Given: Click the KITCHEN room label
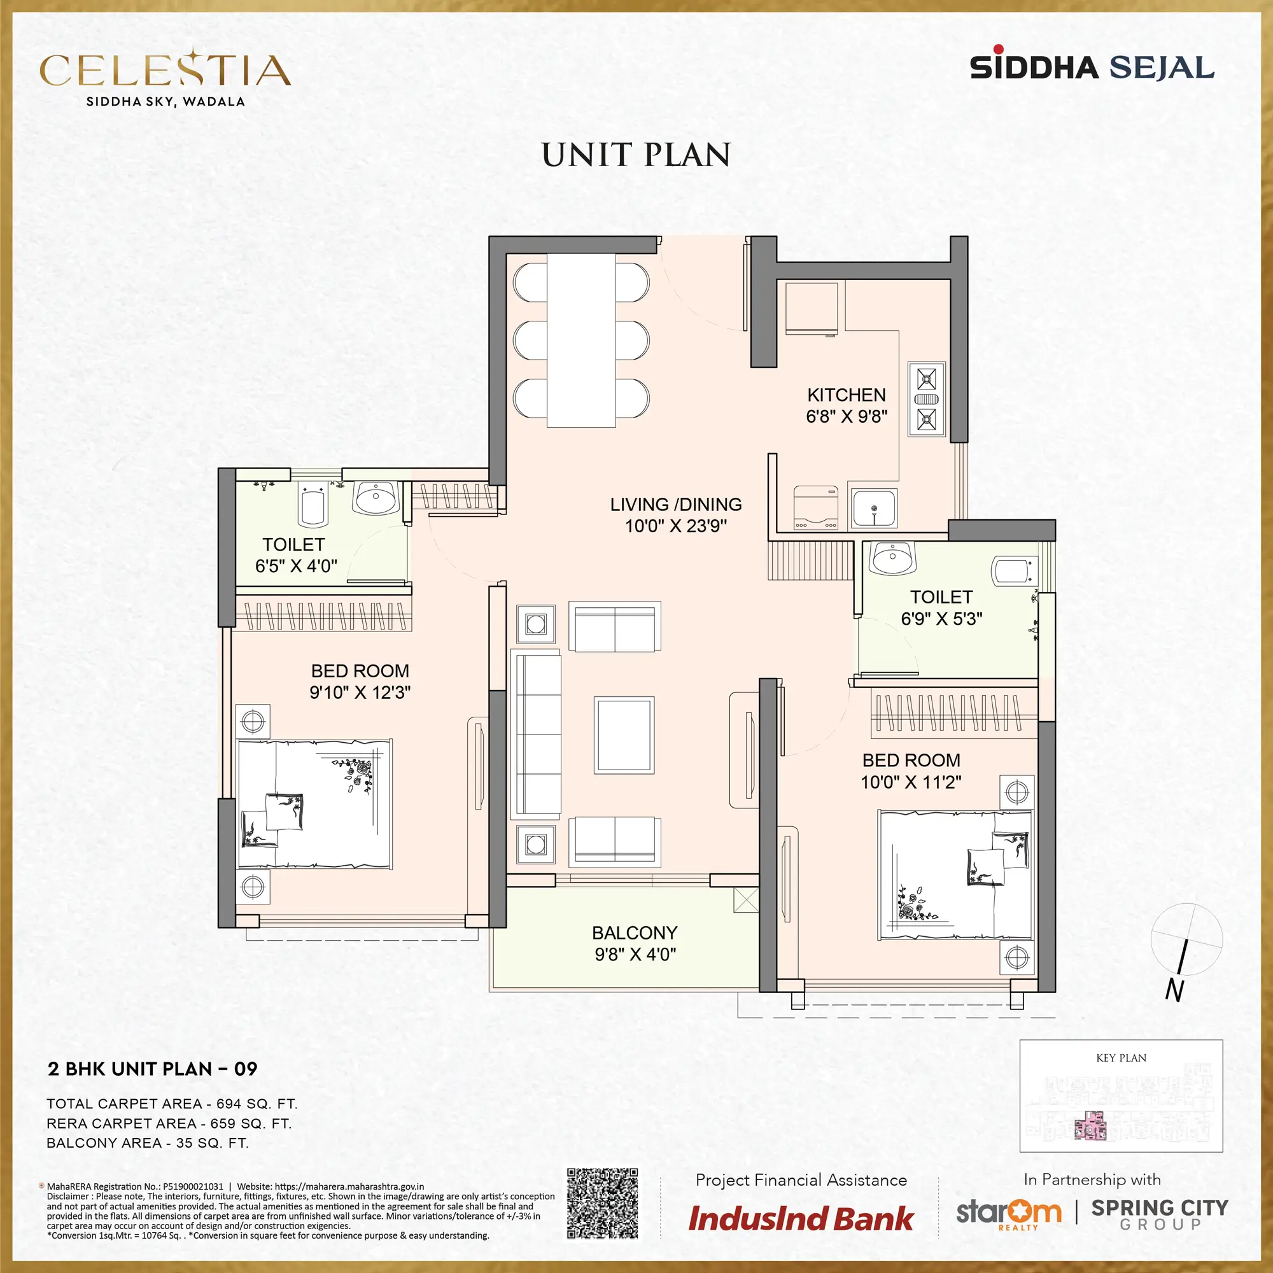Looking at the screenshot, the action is pyautogui.click(x=847, y=395).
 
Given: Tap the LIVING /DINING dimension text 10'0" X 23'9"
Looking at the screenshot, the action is pyautogui.click(x=676, y=526).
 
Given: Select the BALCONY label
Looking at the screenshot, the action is pyautogui.click(x=635, y=932).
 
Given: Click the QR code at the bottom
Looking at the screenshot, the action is pyautogui.click(x=602, y=1204).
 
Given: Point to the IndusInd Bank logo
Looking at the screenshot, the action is pyautogui.click(x=801, y=1218).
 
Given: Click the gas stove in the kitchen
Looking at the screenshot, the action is pyautogui.click(x=926, y=398).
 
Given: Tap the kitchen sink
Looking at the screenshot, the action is pyautogui.click(x=874, y=509).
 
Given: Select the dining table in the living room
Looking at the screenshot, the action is pyautogui.click(x=581, y=340).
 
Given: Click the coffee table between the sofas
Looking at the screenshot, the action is pyautogui.click(x=624, y=735).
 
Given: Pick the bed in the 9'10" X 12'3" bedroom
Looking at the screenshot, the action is pyautogui.click(x=315, y=804).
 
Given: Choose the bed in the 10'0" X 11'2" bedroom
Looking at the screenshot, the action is pyautogui.click(x=955, y=875).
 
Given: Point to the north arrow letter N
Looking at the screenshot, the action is pyautogui.click(x=1174, y=990).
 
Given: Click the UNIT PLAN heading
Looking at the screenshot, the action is pyautogui.click(x=636, y=155).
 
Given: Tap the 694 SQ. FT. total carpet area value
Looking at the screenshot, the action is pyautogui.click(x=257, y=1104).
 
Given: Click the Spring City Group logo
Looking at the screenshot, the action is pyautogui.click(x=1160, y=1214).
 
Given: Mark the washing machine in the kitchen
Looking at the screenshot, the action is pyautogui.click(x=816, y=507).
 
